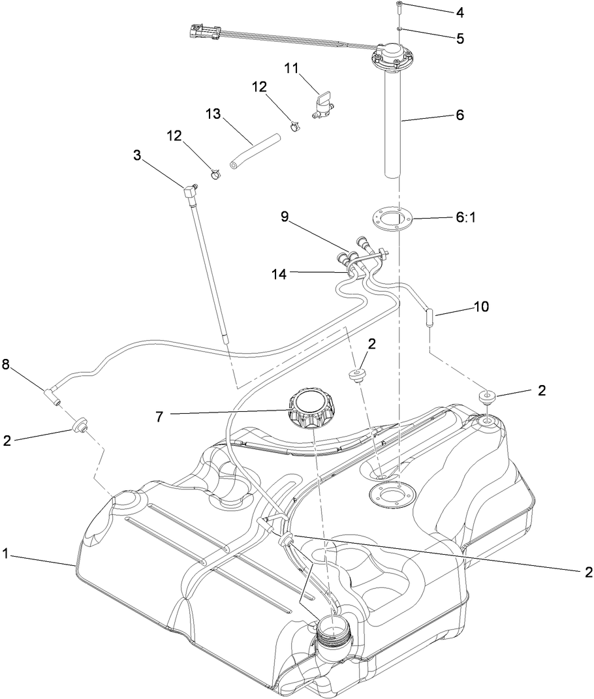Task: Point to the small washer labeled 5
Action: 399,29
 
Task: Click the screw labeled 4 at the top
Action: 399,6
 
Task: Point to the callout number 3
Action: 137,155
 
